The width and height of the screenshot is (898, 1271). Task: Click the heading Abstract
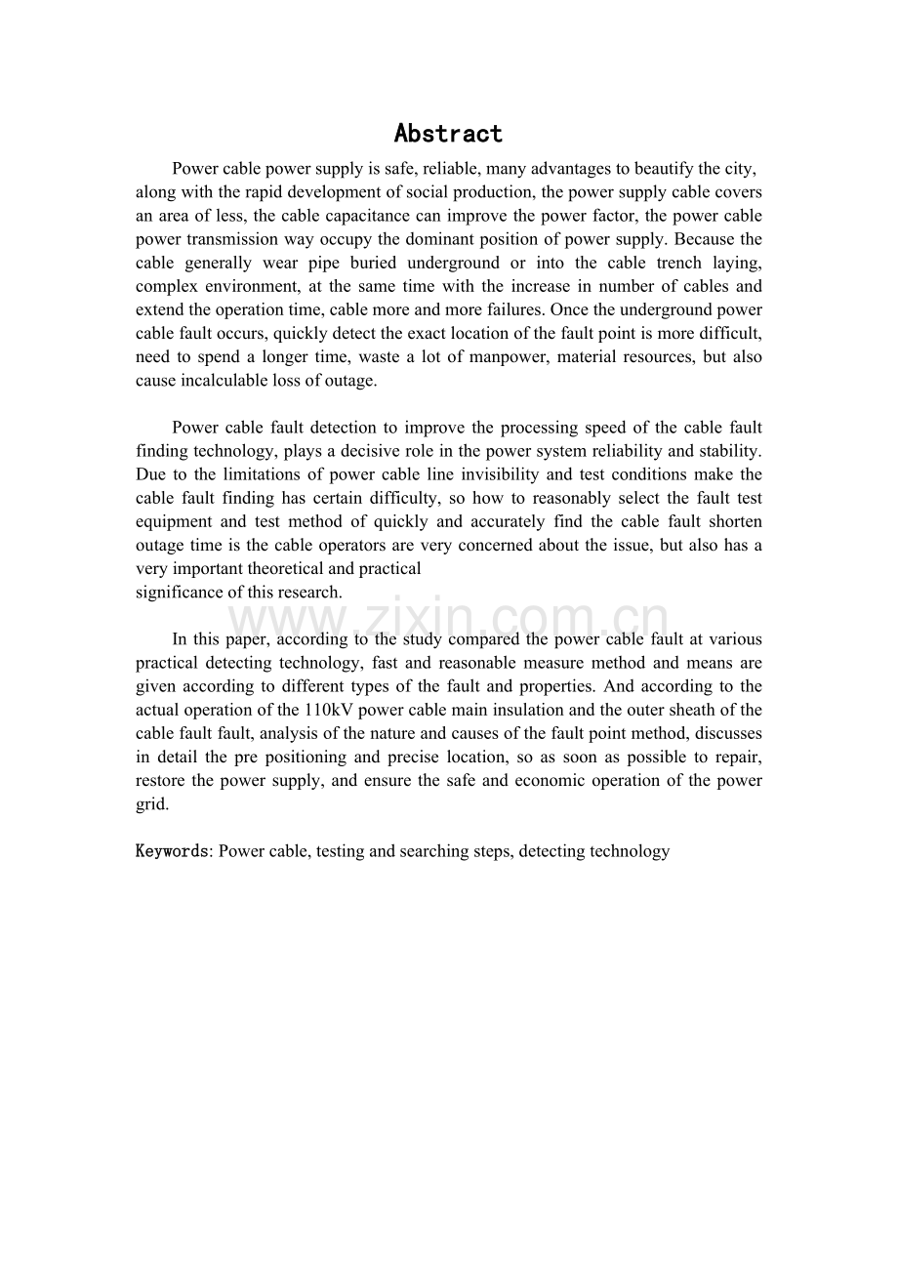tap(448, 133)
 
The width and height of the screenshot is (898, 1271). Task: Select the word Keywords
tap(172, 851)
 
